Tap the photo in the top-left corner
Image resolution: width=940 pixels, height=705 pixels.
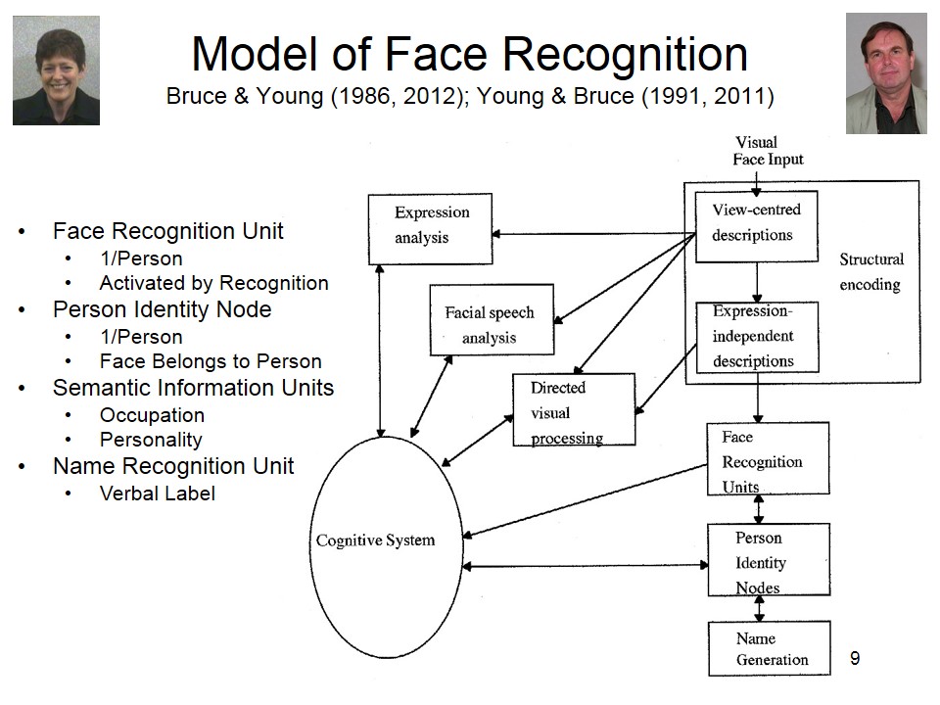(x=56, y=70)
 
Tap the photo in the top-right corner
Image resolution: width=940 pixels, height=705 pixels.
(x=885, y=73)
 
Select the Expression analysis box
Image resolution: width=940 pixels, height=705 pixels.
(x=430, y=228)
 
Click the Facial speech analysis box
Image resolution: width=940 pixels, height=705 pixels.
(x=492, y=320)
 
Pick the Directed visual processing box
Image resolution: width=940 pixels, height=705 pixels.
(x=574, y=410)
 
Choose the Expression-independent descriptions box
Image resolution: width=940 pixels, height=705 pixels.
(x=756, y=336)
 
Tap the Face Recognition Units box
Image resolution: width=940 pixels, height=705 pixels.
(x=768, y=458)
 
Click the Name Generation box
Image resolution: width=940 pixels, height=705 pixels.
(x=769, y=648)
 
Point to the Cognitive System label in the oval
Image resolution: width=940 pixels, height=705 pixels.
(x=375, y=540)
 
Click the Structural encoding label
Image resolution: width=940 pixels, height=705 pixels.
(x=871, y=272)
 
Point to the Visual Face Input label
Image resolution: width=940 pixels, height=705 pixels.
(x=768, y=151)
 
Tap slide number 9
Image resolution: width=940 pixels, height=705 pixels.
(x=855, y=658)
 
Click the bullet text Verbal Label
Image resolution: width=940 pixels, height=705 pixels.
(x=157, y=493)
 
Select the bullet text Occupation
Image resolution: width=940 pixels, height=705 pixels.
(x=152, y=415)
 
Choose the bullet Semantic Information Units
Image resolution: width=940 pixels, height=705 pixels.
(x=193, y=388)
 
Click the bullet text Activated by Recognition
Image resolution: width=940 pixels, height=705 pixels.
(x=213, y=283)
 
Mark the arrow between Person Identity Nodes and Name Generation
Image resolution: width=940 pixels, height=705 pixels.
(x=759, y=609)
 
